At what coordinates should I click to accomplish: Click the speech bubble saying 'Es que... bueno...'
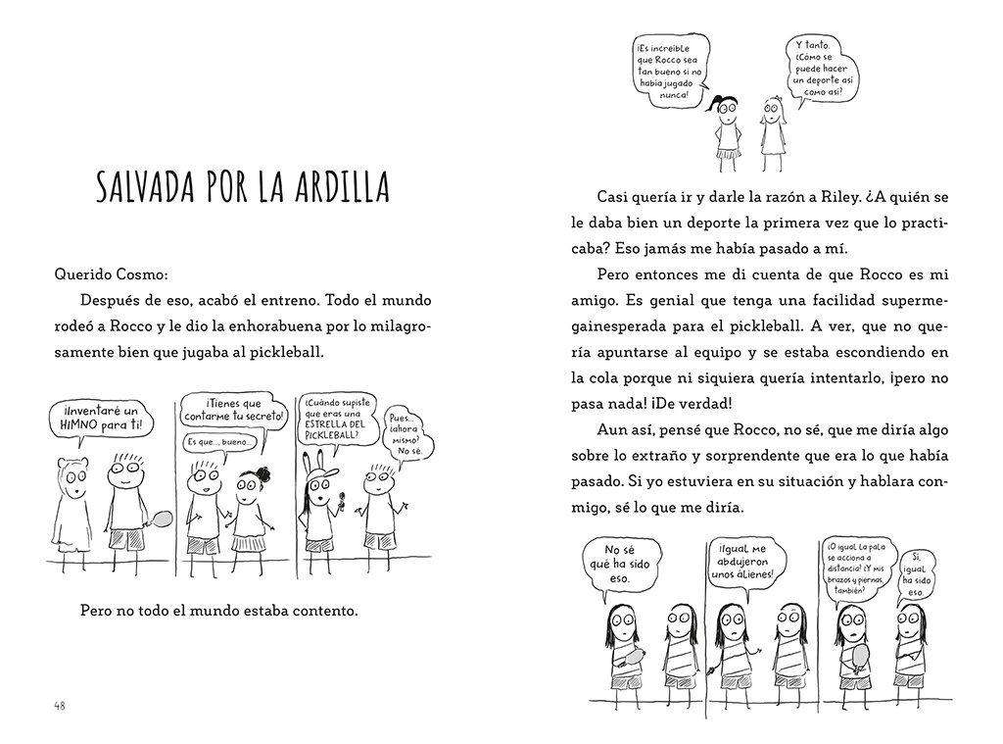[x=221, y=443]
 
